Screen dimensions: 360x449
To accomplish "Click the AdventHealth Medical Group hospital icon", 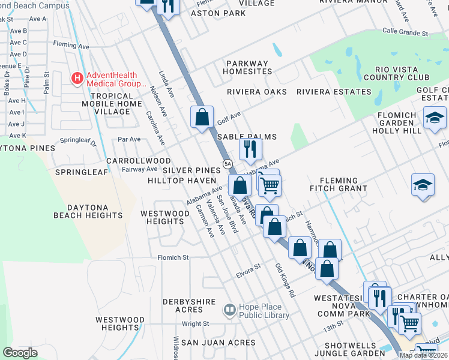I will (x=77, y=78).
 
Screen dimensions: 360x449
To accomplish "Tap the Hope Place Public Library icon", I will (x=229, y=310).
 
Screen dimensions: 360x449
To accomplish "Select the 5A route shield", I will (x=228, y=163).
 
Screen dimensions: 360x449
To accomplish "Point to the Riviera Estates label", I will (x=334, y=92).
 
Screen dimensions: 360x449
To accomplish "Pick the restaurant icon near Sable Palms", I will (x=250, y=148).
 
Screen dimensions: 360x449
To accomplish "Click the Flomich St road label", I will (x=173, y=257).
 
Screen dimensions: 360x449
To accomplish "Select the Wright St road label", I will (x=195, y=324).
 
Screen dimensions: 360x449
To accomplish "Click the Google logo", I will (x=20, y=353).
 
